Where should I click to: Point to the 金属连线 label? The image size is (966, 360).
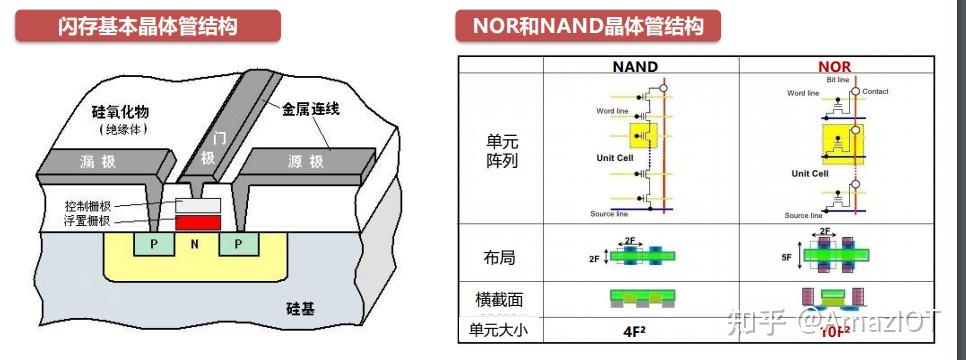[x=310, y=108]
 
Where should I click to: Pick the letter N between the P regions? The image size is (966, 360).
[x=195, y=244]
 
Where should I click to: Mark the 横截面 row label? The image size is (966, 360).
[x=499, y=299]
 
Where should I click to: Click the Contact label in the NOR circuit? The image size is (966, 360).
[x=875, y=92]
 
